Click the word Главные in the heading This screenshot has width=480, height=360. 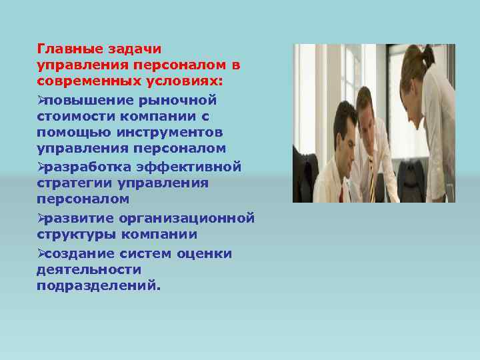point(65,49)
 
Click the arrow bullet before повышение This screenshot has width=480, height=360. point(41,99)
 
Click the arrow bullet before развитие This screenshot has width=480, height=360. point(41,218)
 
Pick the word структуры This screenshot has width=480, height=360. point(73,235)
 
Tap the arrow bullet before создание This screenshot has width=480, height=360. point(41,253)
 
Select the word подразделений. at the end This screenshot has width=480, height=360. point(99,285)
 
